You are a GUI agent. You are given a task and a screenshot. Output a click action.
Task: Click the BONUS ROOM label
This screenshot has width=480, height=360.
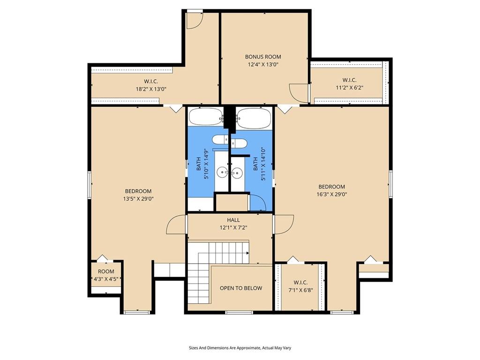263,57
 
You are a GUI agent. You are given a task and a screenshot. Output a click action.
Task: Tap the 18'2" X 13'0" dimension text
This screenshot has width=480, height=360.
151,89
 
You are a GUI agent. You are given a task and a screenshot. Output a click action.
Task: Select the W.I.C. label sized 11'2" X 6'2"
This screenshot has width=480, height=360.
349,80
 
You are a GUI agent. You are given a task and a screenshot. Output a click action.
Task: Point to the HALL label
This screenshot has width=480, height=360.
233,220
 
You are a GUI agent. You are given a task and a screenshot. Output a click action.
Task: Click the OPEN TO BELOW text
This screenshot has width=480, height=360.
241,288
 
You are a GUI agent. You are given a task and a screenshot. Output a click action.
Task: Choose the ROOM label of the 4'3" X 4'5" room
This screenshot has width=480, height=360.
106,271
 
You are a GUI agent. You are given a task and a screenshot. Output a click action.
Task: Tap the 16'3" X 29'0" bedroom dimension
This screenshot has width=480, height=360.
332,194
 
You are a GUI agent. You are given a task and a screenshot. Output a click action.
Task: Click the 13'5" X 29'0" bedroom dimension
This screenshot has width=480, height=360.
138,199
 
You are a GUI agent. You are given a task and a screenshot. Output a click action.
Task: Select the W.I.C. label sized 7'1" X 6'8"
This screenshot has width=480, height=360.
300,283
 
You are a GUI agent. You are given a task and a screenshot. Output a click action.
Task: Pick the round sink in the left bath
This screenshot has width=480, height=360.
222,172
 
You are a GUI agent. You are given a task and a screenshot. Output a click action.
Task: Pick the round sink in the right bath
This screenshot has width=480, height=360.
236,173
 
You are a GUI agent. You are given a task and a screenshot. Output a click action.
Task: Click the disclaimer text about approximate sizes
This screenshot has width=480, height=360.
240,348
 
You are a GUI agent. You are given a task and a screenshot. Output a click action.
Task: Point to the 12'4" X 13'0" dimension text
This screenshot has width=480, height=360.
263,65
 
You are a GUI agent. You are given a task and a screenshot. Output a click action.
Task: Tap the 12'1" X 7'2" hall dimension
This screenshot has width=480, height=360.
233,228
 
